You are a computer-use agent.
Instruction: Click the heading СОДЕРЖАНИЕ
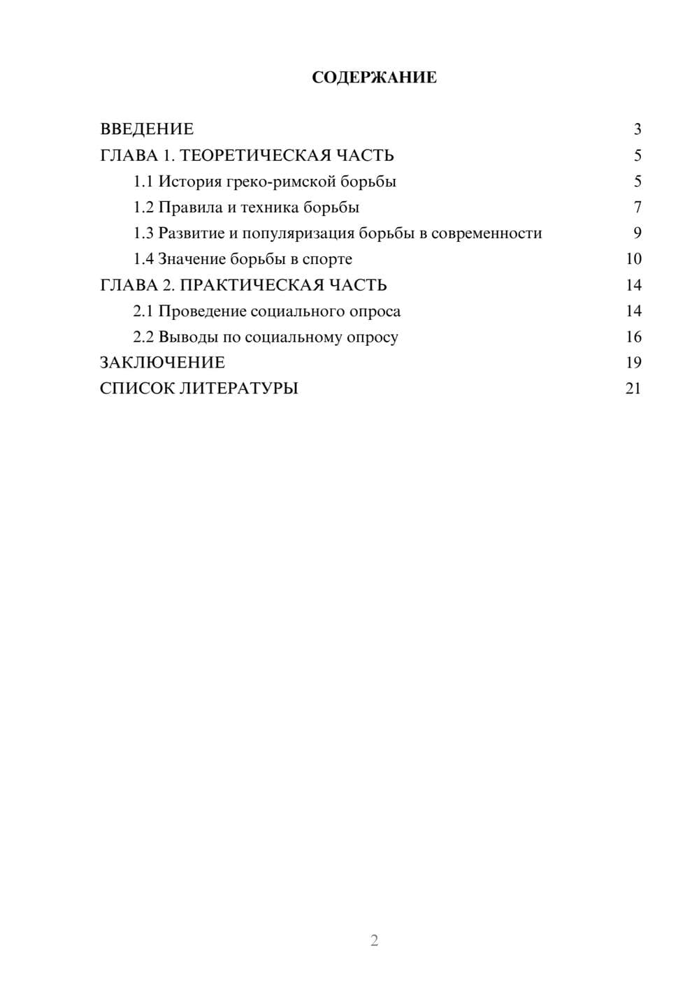click(x=374, y=78)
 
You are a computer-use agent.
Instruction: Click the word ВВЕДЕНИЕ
click(x=147, y=129)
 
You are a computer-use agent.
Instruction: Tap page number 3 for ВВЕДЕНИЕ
click(x=637, y=129)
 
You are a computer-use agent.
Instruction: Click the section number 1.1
click(x=143, y=182)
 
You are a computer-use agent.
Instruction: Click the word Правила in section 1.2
click(x=187, y=208)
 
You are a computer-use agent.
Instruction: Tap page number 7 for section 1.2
click(x=637, y=208)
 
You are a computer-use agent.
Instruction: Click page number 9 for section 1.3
click(x=637, y=233)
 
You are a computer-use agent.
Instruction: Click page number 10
click(x=633, y=259)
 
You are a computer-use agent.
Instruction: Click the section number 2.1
click(x=143, y=311)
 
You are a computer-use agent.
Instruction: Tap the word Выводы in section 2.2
click(x=185, y=337)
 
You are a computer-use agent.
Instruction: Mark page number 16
click(x=633, y=337)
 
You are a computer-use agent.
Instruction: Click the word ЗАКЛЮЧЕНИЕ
click(x=162, y=363)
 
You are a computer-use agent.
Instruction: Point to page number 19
click(x=633, y=363)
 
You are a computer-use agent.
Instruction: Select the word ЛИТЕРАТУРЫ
click(x=239, y=388)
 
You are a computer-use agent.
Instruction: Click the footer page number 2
click(x=374, y=940)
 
